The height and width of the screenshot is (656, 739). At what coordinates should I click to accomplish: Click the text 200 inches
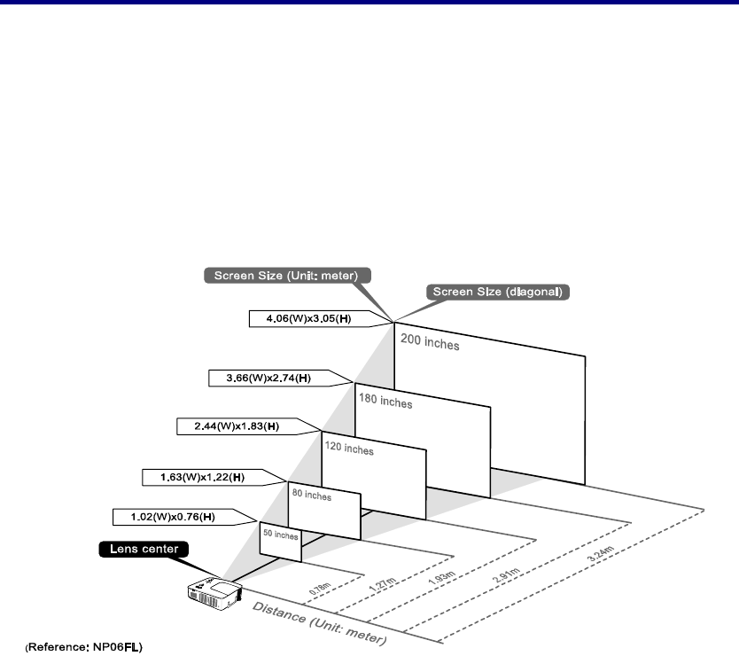[x=431, y=340]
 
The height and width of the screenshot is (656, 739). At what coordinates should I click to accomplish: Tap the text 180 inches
[x=386, y=402]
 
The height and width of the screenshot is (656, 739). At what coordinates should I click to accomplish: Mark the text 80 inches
[x=310, y=496]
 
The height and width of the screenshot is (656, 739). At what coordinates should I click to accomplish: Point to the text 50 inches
[x=280, y=535]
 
